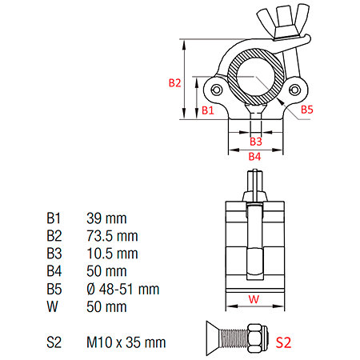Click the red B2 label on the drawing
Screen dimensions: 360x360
tap(174, 83)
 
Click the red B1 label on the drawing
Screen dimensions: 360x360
tap(208, 110)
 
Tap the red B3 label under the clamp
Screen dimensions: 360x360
tap(256, 142)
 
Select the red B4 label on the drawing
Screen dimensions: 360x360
tap(254, 156)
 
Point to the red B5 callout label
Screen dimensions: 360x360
tap(307, 110)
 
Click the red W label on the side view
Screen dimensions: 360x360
tap(254, 299)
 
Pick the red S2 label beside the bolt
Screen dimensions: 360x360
tap(283, 342)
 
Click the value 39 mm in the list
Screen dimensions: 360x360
tap(106, 218)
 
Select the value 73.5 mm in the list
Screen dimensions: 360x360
tap(112, 236)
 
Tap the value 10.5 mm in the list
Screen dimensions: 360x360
tap(112, 254)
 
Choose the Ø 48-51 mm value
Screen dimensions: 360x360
tap(123, 289)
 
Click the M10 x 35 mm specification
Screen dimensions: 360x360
tap(126, 342)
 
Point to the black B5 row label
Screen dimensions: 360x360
tap(54, 289)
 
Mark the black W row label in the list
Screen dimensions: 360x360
tap(52, 306)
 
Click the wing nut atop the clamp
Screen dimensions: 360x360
tap(283, 22)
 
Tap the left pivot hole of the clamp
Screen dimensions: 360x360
tap(217, 90)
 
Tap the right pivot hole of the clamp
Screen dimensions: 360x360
tap(295, 90)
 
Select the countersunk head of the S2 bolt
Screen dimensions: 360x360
tap(212, 338)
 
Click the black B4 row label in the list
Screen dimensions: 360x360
tap(54, 271)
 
